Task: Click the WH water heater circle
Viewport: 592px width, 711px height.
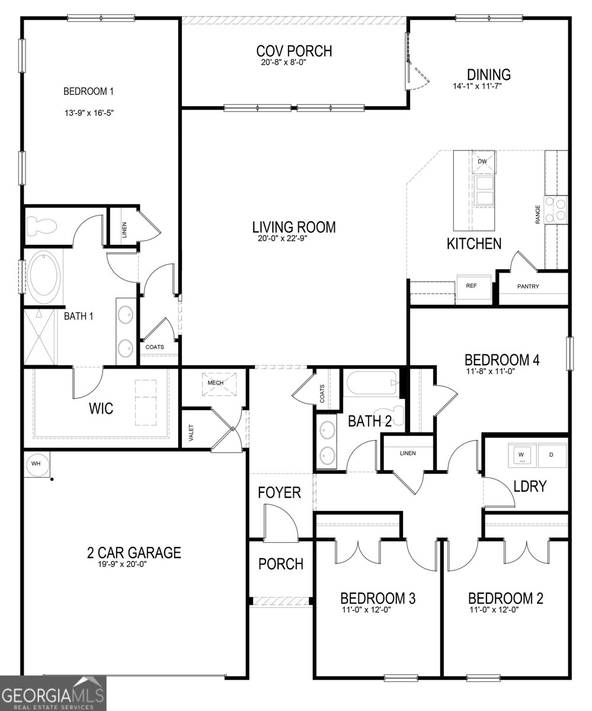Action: click(36, 464)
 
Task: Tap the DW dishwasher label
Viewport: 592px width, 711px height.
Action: click(482, 161)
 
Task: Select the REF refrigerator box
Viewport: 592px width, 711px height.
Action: click(473, 287)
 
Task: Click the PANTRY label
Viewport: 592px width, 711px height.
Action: click(528, 287)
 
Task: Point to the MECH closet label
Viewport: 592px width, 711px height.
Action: click(215, 383)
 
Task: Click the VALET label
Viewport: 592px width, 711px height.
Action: click(191, 433)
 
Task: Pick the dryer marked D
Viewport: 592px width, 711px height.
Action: click(552, 455)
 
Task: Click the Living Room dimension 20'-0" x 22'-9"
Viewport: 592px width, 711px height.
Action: click(283, 238)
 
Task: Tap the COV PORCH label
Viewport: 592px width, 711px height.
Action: click(294, 51)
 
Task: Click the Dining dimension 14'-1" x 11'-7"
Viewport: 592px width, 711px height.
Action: click(477, 86)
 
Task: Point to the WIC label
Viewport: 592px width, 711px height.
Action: click(101, 408)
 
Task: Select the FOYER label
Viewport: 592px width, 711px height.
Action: click(279, 493)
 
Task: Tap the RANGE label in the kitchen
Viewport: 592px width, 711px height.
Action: click(538, 214)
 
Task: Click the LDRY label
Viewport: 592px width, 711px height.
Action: click(530, 486)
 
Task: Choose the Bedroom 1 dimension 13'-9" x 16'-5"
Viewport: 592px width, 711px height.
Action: click(89, 113)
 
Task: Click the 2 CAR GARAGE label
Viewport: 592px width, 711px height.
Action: click(134, 553)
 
